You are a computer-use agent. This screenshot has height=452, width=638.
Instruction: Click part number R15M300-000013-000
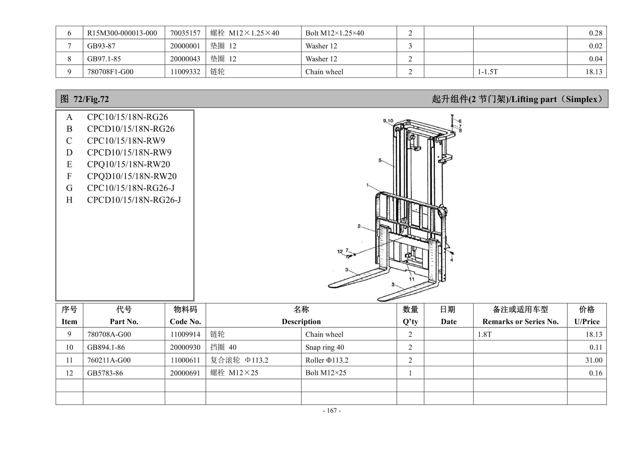[122, 33]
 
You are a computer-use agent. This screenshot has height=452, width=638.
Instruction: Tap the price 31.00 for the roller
[593, 360]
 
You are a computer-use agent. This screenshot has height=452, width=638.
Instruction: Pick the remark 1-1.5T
[487, 72]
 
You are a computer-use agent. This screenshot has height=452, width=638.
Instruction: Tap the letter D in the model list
[69, 153]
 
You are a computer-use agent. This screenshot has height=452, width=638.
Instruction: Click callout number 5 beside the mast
[380, 160]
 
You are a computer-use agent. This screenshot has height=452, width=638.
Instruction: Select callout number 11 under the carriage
[411, 279]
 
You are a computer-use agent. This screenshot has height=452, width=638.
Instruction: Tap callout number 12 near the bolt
[340, 252]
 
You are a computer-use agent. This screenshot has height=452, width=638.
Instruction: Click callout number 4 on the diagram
[452, 260]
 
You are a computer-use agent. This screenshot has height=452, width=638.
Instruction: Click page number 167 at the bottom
[332, 410]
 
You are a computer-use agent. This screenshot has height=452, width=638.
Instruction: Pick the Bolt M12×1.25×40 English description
[335, 33]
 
